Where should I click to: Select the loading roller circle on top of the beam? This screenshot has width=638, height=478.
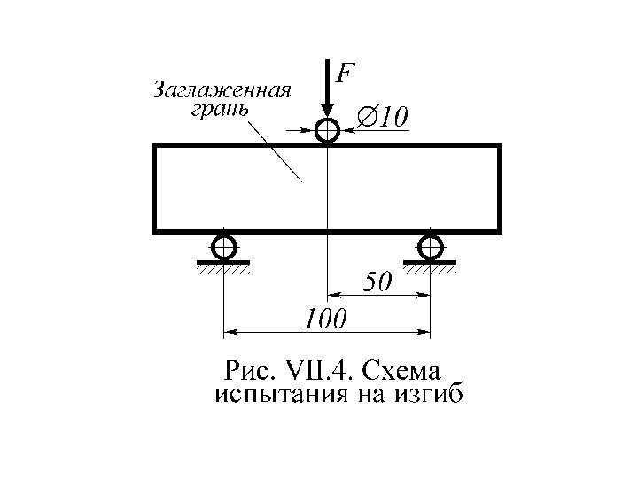328,132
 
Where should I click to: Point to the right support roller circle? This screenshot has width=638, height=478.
431,245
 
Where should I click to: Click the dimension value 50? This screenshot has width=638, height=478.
378,282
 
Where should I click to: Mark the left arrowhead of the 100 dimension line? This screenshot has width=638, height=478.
229,333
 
